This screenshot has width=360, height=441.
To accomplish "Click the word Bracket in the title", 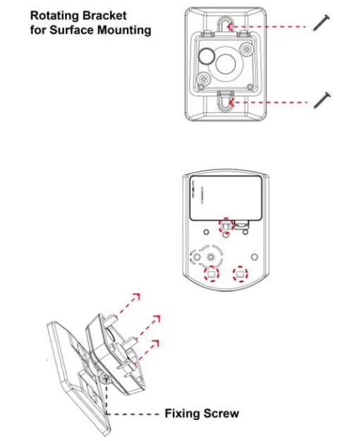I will pos(107,14).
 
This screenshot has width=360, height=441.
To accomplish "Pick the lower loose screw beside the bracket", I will pos(321,99).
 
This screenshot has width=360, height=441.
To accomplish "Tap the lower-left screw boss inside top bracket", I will pos(203,79).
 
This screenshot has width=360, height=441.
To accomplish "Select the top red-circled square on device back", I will pos(225,226).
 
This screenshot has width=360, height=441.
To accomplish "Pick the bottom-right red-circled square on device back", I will pos(241,274).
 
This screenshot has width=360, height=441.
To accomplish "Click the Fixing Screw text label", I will pos(201,413).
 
